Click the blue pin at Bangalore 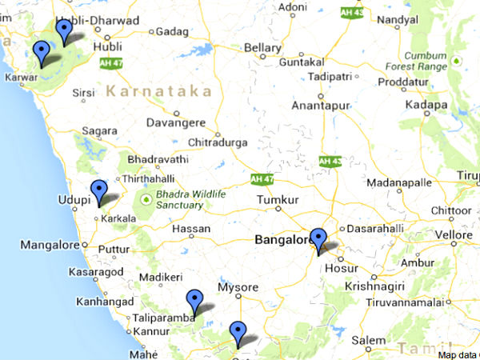click(x=318, y=239)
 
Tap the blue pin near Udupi click(x=98, y=191)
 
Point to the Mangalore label click(x=50, y=245)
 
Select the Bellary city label click(x=262, y=48)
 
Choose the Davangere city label click(x=178, y=123)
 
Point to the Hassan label click(x=191, y=229)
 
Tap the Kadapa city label click(x=426, y=105)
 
